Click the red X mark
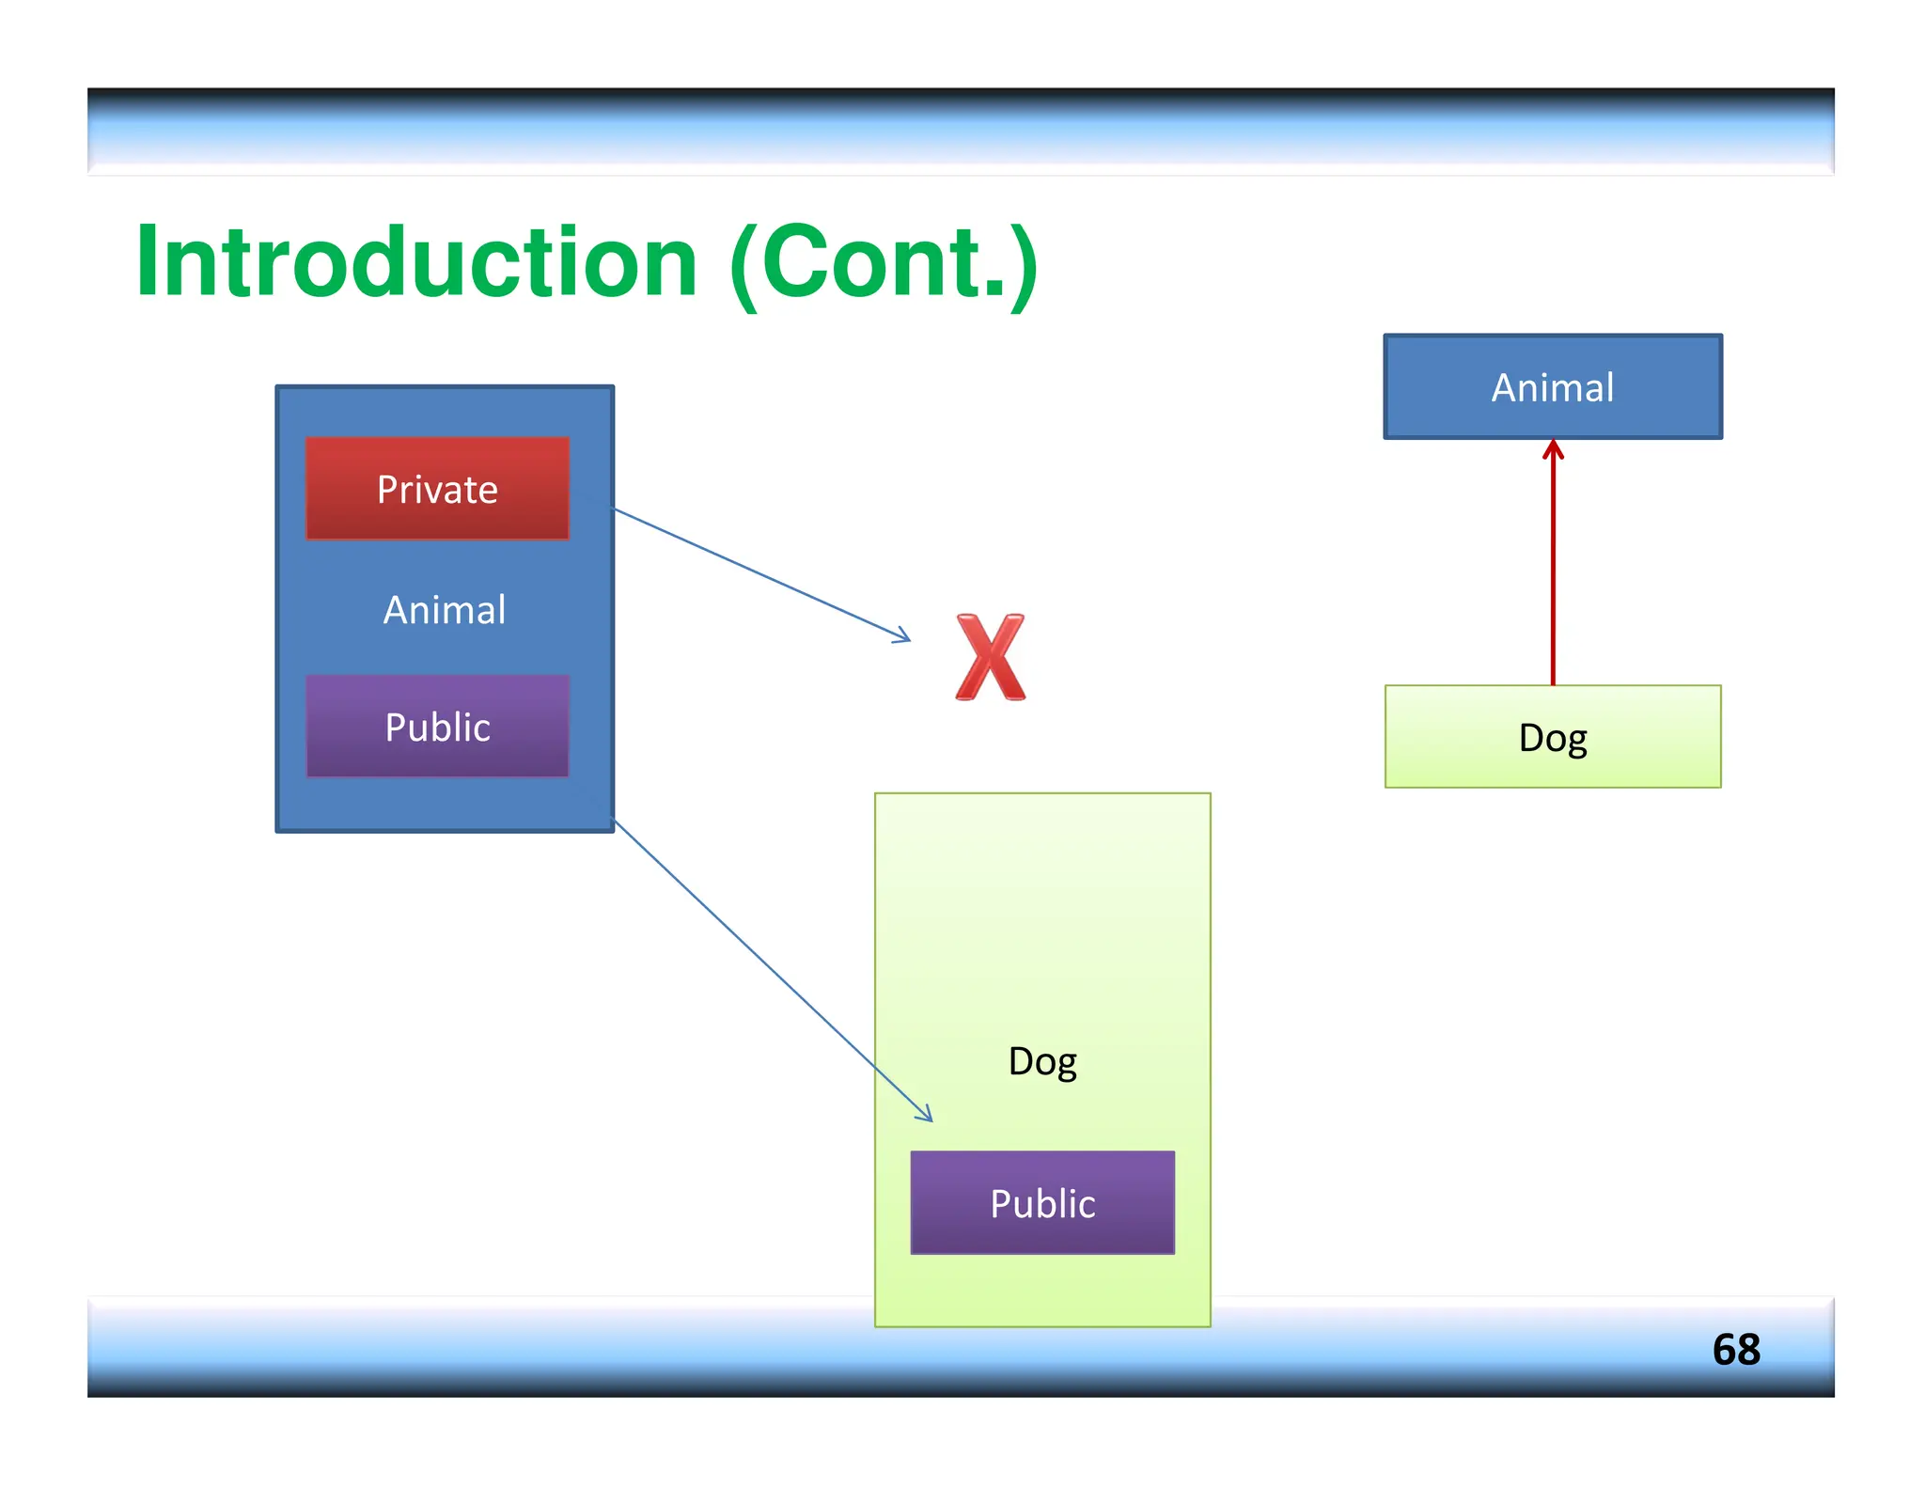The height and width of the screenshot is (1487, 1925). click(990, 658)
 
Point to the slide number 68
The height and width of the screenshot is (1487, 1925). click(1735, 1350)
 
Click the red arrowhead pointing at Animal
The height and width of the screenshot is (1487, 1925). click(1553, 450)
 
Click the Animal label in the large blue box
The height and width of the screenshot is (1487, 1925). click(445, 610)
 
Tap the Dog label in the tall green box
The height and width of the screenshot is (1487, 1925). click(1042, 1062)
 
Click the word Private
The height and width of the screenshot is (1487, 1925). click(437, 490)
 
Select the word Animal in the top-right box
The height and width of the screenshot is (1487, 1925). click(1553, 387)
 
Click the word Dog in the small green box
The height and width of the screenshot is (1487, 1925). click(1553, 738)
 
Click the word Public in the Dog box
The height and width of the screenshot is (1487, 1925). click(1042, 1204)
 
